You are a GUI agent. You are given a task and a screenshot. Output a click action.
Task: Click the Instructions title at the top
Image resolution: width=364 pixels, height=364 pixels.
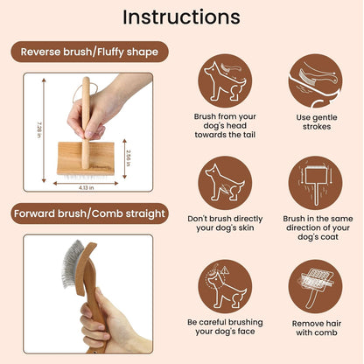point(181,17)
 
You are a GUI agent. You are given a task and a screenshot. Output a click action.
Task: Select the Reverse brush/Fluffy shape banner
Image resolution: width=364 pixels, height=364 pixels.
point(90,52)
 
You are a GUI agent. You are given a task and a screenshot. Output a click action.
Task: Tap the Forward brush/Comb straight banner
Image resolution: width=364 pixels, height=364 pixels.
point(90,213)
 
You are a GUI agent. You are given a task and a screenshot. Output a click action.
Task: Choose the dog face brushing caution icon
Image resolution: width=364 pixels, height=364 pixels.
point(227,284)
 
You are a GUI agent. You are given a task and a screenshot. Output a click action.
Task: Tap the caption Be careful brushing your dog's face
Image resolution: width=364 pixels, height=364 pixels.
point(227,328)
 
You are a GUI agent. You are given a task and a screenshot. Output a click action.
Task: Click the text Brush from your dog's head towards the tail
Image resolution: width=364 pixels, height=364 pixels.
point(227,128)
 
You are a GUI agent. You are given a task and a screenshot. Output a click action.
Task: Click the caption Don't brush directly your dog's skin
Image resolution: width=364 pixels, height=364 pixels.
point(227,226)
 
